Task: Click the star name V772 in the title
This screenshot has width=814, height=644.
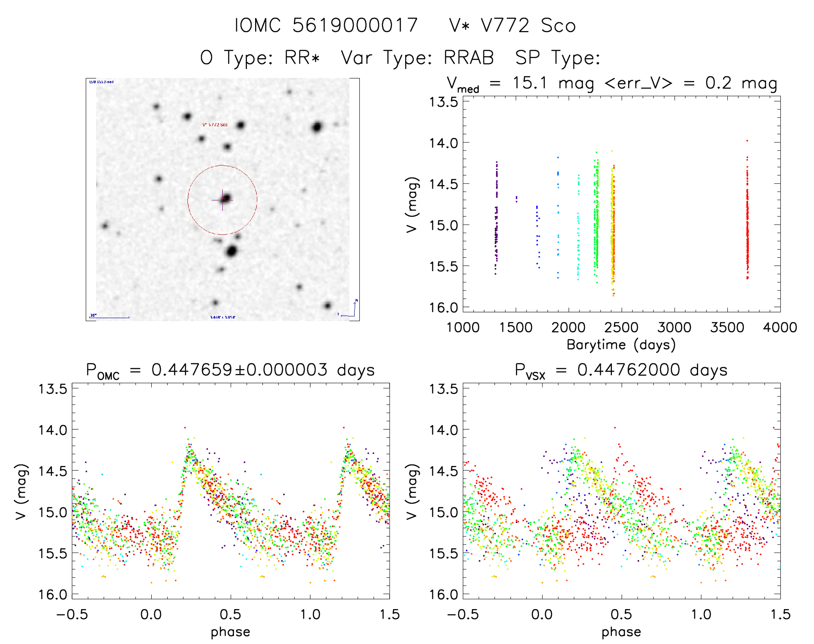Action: (x=505, y=25)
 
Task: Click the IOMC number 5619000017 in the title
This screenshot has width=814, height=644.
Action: (x=355, y=25)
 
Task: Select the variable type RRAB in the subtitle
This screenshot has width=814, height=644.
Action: (x=469, y=58)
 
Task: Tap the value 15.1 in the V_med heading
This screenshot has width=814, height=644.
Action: (x=530, y=83)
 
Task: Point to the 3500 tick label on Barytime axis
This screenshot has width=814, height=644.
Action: (x=727, y=328)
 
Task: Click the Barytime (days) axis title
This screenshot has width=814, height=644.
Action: (x=621, y=345)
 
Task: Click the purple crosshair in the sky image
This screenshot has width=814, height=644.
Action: (x=222, y=200)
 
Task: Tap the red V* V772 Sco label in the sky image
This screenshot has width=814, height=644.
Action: (x=215, y=125)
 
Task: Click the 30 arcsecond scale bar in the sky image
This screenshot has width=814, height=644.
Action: (x=109, y=317)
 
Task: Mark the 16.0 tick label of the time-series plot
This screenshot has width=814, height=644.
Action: (x=443, y=307)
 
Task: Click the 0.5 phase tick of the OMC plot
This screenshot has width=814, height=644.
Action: (x=231, y=614)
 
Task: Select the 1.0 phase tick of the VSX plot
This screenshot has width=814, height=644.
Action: (x=701, y=614)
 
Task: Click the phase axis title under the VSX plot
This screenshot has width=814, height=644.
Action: (x=621, y=632)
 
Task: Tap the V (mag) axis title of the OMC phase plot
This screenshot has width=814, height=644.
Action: (x=22, y=491)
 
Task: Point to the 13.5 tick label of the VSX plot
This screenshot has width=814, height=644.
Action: (x=443, y=389)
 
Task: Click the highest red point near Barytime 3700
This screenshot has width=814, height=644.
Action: (x=747, y=141)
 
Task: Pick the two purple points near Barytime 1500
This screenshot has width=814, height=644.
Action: (x=516, y=199)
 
